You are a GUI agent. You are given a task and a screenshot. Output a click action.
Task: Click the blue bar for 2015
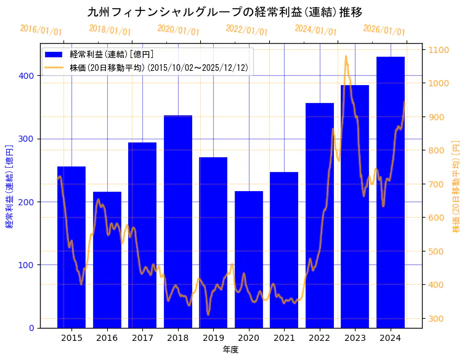pos(71,247)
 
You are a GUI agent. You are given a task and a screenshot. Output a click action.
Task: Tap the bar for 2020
pos(249,259)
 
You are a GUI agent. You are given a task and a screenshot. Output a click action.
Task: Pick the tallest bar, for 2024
pos(391,191)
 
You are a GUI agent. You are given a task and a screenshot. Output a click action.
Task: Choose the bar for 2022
pos(320,216)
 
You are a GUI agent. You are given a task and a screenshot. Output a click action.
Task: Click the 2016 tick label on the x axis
pos(107,338)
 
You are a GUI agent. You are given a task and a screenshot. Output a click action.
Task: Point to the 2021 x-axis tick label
pos(284,338)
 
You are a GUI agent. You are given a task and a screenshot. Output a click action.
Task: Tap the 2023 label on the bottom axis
pos(355,338)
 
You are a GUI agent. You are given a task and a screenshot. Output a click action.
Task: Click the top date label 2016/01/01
pos(41,30)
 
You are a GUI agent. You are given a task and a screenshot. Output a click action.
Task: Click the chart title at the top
pos(224,12)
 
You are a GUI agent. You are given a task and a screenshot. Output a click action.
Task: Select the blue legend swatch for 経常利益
pos(54,54)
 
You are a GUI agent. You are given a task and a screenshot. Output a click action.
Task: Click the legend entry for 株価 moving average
pos(159,68)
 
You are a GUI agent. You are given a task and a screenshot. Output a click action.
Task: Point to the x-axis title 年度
pos(230,350)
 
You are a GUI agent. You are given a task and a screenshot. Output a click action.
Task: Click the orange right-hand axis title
pos(457,186)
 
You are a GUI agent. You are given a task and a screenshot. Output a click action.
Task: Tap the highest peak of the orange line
pos(346,57)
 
